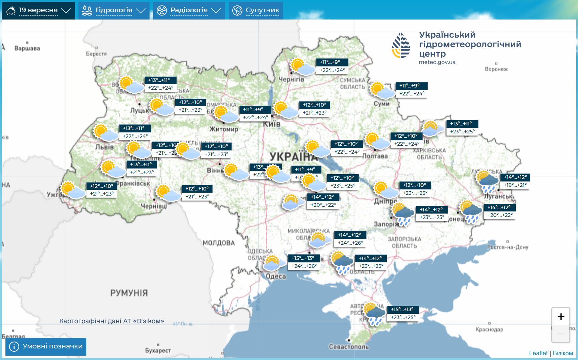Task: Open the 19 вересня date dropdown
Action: click(38, 10)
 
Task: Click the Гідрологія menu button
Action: click(114, 10)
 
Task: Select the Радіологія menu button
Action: click(189, 10)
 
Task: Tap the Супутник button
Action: click(256, 10)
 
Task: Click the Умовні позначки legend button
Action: click(46, 347)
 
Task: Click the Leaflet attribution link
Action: click(538, 353)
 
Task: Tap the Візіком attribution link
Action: click(563, 353)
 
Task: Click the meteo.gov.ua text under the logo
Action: click(437, 62)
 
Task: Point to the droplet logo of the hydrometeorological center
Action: click(401, 46)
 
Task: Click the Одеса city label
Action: click(276, 277)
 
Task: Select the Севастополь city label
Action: click(349, 347)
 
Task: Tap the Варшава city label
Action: click(27, 48)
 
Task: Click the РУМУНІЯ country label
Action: click(129, 293)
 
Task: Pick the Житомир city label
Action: click(224, 129)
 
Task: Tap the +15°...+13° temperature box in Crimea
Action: click(402, 309)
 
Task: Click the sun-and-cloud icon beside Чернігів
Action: click(302, 67)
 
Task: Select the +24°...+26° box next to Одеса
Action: click(304, 266)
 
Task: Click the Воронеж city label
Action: click(496, 69)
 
